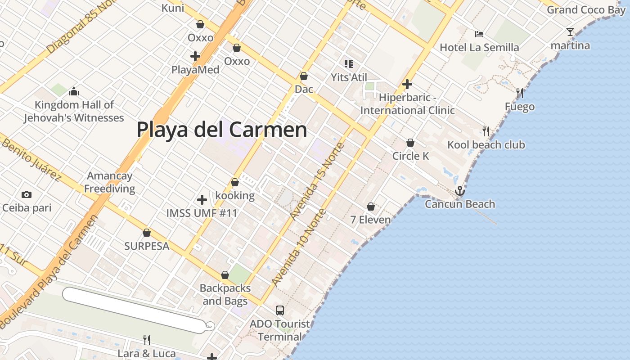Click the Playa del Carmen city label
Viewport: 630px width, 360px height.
coord(222,130)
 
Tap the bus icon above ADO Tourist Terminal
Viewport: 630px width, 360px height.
coord(280,310)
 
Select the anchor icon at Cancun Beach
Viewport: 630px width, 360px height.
coord(459,191)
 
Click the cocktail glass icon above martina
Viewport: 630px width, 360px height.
coord(570,32)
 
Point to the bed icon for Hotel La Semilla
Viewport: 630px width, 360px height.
coord(479,34)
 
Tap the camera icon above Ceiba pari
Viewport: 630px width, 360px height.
coord(27,195)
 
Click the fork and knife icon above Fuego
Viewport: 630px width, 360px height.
coord(520,93)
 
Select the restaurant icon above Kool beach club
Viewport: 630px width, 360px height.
coord(486,131)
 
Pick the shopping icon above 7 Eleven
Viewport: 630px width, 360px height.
coord(371,207)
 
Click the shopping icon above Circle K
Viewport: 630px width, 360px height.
coord(410,143)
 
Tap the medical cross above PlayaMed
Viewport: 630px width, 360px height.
coord(195,56)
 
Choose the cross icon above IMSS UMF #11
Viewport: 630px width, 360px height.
coord(202,199)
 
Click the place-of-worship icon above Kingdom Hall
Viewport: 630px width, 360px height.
coord(74,92)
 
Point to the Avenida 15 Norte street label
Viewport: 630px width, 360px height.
coord(317,180)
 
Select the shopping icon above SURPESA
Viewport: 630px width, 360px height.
coord(147,233)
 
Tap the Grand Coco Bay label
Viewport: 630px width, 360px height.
coord(586,10)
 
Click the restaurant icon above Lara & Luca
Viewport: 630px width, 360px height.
coord(146,340)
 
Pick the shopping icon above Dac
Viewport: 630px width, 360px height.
coord(304,76)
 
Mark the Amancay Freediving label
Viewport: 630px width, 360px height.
coord(110,182)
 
